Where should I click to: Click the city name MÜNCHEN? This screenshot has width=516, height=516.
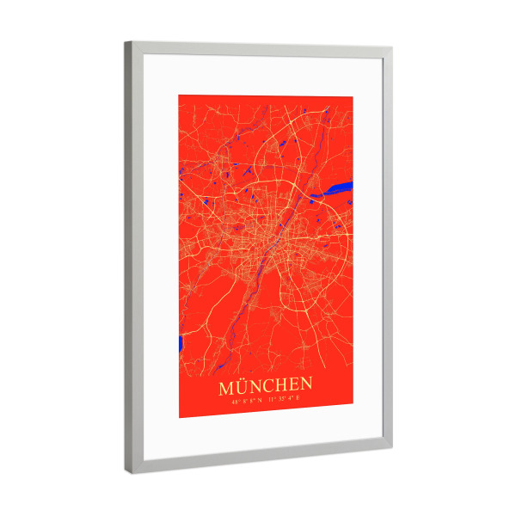point(265,384)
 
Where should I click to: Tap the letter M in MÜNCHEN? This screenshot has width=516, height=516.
point(228,384)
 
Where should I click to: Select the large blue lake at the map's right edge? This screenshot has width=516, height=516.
point(339,187)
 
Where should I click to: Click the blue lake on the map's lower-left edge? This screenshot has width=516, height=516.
point(181,344)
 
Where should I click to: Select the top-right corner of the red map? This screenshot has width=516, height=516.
point(353,97)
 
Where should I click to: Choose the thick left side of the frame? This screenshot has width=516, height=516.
point(134,258)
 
